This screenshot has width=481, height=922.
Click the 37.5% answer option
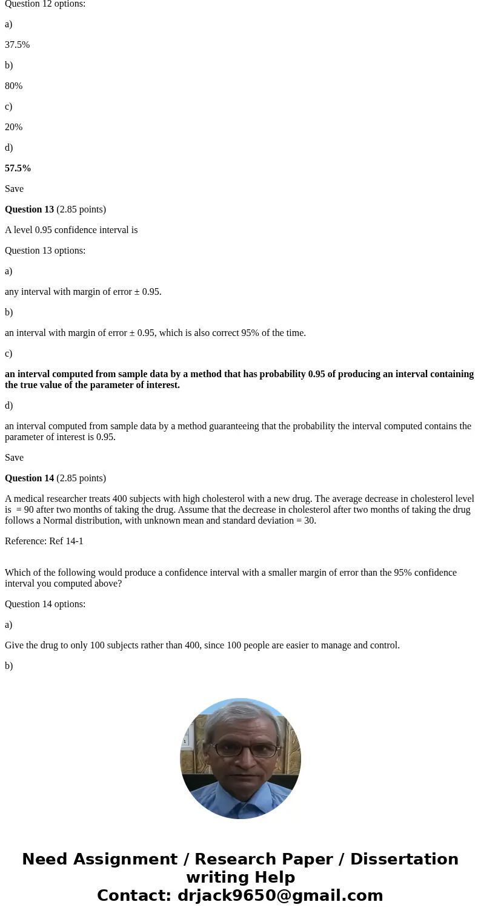tap(17, 45)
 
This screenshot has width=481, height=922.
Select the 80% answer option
tap(13, 86)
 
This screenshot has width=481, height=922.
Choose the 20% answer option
tap(13, 127)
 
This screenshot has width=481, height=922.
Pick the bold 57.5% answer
tap(18, 168)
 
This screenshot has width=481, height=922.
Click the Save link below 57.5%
tap(14, 189)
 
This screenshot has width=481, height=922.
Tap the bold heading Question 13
tap(29, 209)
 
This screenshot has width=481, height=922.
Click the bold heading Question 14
tap(29, 478)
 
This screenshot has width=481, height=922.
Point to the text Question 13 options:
tap(45, 251)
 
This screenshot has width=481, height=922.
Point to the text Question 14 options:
tap(45, 604)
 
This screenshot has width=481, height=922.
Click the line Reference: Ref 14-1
tap(44, 541)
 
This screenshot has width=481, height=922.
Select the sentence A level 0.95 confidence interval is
tap(71, 230)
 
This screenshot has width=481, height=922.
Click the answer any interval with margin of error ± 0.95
tap(83, 292)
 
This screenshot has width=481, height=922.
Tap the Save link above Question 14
tap(14, 458)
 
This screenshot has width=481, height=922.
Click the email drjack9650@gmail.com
tap(280, 896)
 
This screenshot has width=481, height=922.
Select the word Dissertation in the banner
tap(404, 860)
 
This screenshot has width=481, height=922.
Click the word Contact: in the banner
tap(134, 896)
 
